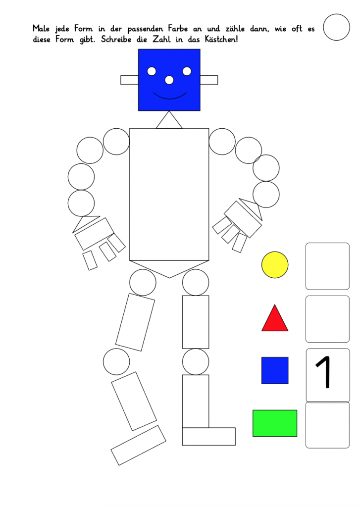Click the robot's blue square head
pyautogui.click(x=169, y=80)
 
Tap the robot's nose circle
pyautogui.click(x=169, y=80)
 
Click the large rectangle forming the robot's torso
pyautogui.click(x=169, y=194)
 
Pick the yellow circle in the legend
pyautogui.click(x=275, y=265)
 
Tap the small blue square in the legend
pyautogui.click(x=275, y=370)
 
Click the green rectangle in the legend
pyautogui.click(x=275, y=423)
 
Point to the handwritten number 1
pyautogui.click(x=324, y=372)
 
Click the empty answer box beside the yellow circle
pyautogui.click(x=327, y=266)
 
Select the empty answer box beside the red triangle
pyautogui.click(x=327, y=319)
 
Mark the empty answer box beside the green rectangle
pyautogui.click(x=327, y=425)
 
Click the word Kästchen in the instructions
pyautogui.click(x=221, y=39)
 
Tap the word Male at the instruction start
pyautogui.click(x=41, y=28)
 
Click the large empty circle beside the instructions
pyautogui.click(x=336, y=27)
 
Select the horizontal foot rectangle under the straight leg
pyautogui.click(x=209, y=437)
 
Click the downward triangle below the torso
pyautogui.click(x=169, y=267)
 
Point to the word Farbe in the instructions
pyautogui.click(x=178, y=28)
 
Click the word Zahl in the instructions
pyautogui.click(x=161, y=39)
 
